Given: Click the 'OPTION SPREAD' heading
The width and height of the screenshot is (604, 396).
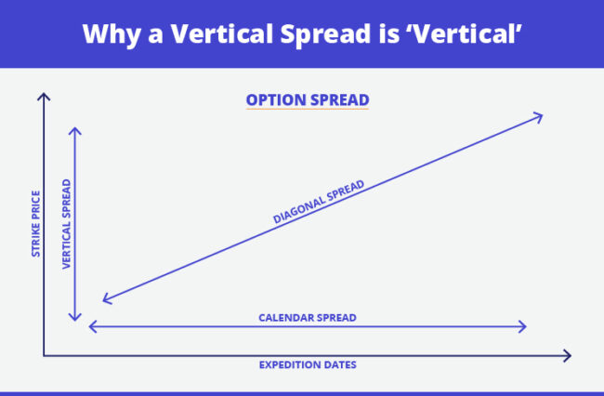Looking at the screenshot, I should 307,99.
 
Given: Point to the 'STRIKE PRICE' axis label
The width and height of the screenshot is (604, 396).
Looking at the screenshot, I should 34,224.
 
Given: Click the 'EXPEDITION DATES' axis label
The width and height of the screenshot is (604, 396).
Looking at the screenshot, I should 307,364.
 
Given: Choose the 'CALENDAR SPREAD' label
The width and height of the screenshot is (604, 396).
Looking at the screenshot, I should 307,317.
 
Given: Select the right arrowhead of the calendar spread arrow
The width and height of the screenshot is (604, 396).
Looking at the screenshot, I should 524,326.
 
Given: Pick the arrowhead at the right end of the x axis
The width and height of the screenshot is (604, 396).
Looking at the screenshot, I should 567,354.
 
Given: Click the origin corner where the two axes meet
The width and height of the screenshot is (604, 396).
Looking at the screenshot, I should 43,354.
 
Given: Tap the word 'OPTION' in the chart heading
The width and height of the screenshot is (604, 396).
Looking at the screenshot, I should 275,99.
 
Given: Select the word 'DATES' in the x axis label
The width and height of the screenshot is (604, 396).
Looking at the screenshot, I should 337,364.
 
